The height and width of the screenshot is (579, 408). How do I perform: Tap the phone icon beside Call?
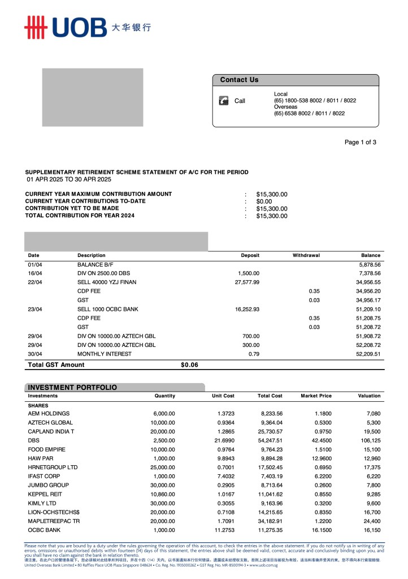(223, 101)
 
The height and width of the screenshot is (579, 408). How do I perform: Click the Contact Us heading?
(239, 80)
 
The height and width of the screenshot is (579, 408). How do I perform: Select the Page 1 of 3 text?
(360, 142)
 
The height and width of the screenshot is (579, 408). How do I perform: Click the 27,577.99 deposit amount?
(247, 282)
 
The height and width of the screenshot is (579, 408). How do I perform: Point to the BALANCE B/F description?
(96, 264)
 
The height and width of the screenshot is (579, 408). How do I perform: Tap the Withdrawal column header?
(306, 255)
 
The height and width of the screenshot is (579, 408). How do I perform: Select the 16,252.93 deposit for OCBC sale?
(247, 309)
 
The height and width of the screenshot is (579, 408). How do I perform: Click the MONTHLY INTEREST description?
(105, 354)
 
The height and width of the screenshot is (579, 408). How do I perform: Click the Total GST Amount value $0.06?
(189, 365)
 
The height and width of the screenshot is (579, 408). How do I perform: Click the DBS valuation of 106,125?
(368, 440)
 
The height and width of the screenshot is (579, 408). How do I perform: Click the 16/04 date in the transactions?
(34, 273)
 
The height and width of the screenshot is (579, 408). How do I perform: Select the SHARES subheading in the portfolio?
(38, 406)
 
